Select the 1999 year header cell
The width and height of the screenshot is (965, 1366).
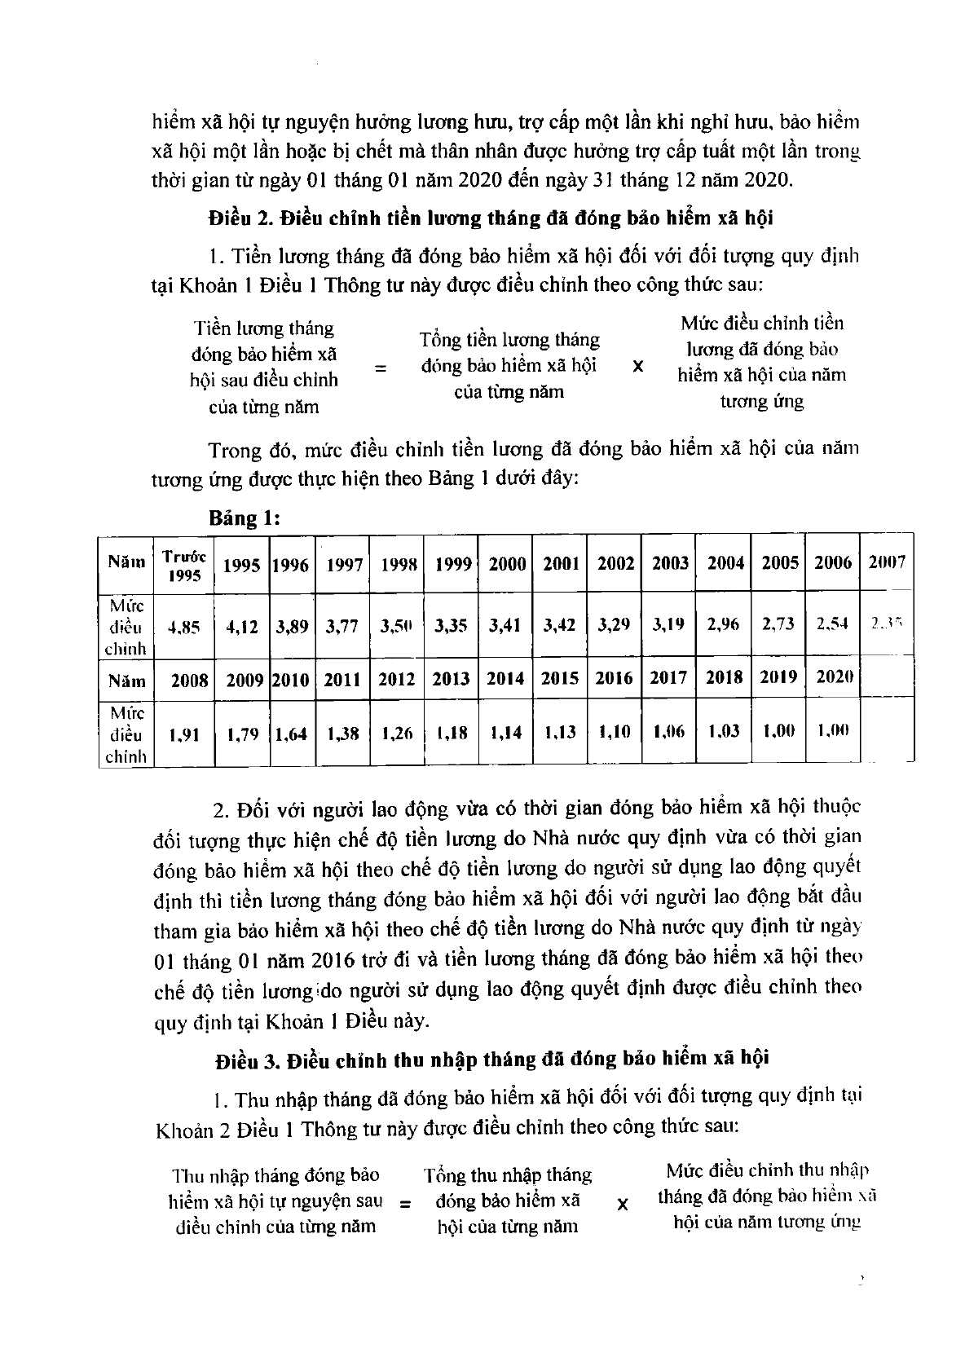point(452,563)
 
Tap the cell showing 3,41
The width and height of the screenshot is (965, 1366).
point(506,626)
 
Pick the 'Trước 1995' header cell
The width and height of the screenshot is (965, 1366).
point(183,564)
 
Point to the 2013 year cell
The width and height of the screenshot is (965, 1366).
point(452,679)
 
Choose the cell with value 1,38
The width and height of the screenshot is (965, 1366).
point(343,733)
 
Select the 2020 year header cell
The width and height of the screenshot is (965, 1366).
point(834,677)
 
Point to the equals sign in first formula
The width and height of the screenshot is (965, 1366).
point(380,368)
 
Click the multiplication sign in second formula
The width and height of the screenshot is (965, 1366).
point(623,1204)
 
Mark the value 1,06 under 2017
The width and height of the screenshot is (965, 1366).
point(669,732)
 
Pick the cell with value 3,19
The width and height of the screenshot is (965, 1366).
point(670,625)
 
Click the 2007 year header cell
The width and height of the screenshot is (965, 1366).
point(887,562)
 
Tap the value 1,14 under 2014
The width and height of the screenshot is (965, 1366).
point(506,733)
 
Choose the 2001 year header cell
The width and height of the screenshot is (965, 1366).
point(561,563)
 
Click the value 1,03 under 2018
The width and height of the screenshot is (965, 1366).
point(724,731)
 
